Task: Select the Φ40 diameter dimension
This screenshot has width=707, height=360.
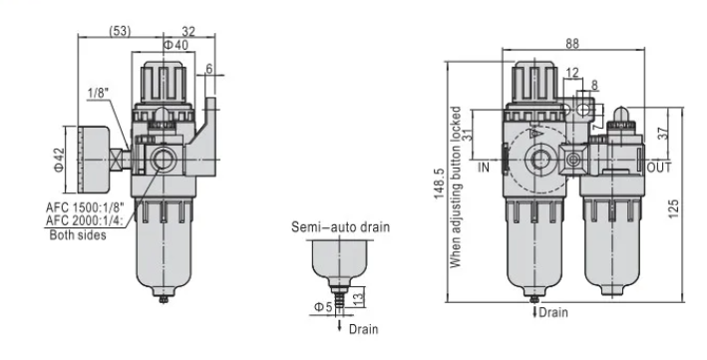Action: coord(175,45)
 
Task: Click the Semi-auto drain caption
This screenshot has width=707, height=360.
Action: coord(339,226)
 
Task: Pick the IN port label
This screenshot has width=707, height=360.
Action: coord(486,167)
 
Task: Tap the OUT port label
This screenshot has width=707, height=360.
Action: coord(659,167)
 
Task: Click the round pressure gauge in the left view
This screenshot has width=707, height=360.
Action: coord(95,160)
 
